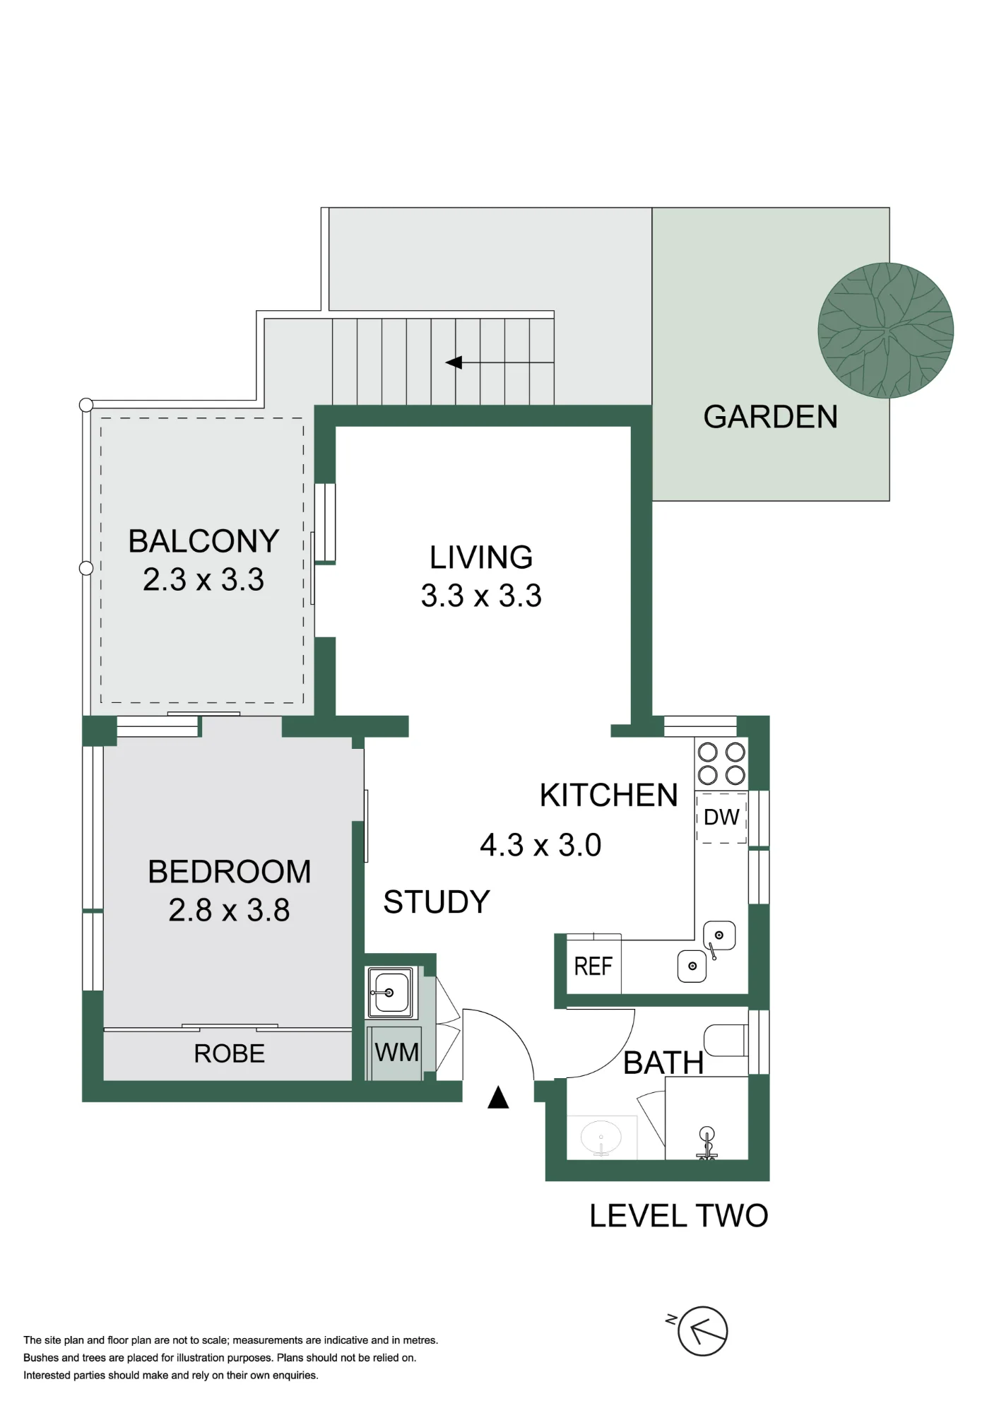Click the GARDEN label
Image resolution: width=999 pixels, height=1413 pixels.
point(770,417)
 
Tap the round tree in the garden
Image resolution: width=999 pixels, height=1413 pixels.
point(886,330)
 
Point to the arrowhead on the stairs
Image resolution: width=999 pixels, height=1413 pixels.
point(454,362)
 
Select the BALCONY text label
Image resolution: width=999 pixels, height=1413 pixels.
point(203,541)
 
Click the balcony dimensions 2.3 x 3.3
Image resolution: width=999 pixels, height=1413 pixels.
point(203,579)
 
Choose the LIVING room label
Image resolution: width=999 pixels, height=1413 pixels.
point(481,557)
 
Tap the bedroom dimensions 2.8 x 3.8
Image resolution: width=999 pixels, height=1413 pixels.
point(229,910)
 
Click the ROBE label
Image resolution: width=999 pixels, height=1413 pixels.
point(229,1053)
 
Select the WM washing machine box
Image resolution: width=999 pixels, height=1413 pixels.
point(396,1053)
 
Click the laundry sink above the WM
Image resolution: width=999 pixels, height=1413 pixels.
point(389,993)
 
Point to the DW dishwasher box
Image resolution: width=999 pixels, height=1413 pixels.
point(721,817)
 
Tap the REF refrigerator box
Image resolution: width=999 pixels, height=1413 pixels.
point(593,966)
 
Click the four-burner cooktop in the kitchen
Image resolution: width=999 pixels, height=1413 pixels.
point(721,764)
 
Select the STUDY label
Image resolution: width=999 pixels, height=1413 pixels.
point(437,902)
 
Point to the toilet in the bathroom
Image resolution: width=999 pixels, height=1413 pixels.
point(726,1040)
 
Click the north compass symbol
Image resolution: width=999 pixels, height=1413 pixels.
point(702,1331)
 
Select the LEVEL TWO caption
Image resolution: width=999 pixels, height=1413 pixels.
point(679,1216)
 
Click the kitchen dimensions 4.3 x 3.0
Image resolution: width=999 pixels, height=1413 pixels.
point(540,845)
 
